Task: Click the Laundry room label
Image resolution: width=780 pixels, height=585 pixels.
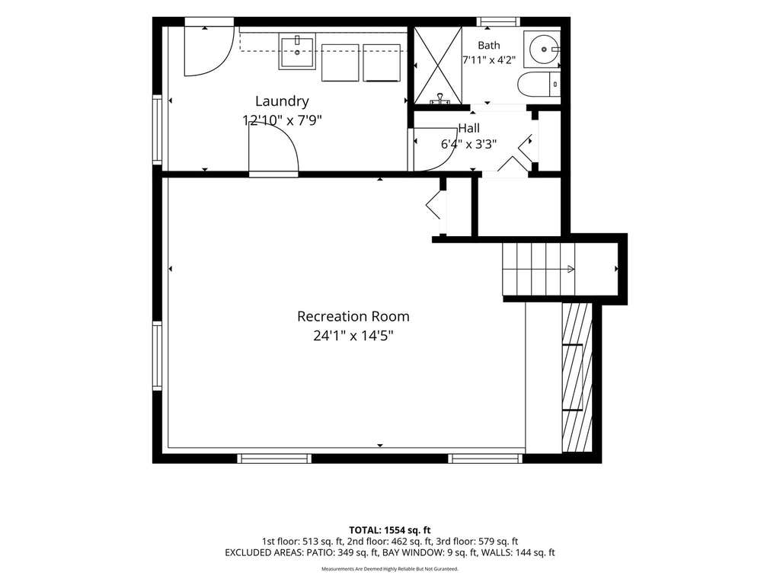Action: (x=282, y=101)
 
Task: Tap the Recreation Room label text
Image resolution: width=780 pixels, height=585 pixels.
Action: (x=353, y=316)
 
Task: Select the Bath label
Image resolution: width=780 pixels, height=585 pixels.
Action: (x=489, y=45)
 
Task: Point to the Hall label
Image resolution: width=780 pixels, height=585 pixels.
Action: (x=468, y=128)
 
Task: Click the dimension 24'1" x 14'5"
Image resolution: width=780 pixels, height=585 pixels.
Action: (x=353, y=336)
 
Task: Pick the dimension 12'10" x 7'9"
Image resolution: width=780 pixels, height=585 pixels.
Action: (x=282, y=120)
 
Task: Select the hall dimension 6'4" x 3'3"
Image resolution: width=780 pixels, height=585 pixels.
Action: (x=468, y=144)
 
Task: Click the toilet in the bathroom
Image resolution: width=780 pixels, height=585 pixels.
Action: (x=539, y=85)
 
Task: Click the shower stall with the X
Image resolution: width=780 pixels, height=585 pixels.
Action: (x=438, y=66)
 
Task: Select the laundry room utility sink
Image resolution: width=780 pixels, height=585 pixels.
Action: (x=298, y=52)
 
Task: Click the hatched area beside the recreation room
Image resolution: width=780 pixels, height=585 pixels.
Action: (x=577, y=378)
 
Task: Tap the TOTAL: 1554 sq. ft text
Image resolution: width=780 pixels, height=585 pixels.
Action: (x=389, y=530)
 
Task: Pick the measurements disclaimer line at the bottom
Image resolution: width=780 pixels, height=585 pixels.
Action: (x=389, y=568)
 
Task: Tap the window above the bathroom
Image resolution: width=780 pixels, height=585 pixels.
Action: (x=498, y=21)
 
